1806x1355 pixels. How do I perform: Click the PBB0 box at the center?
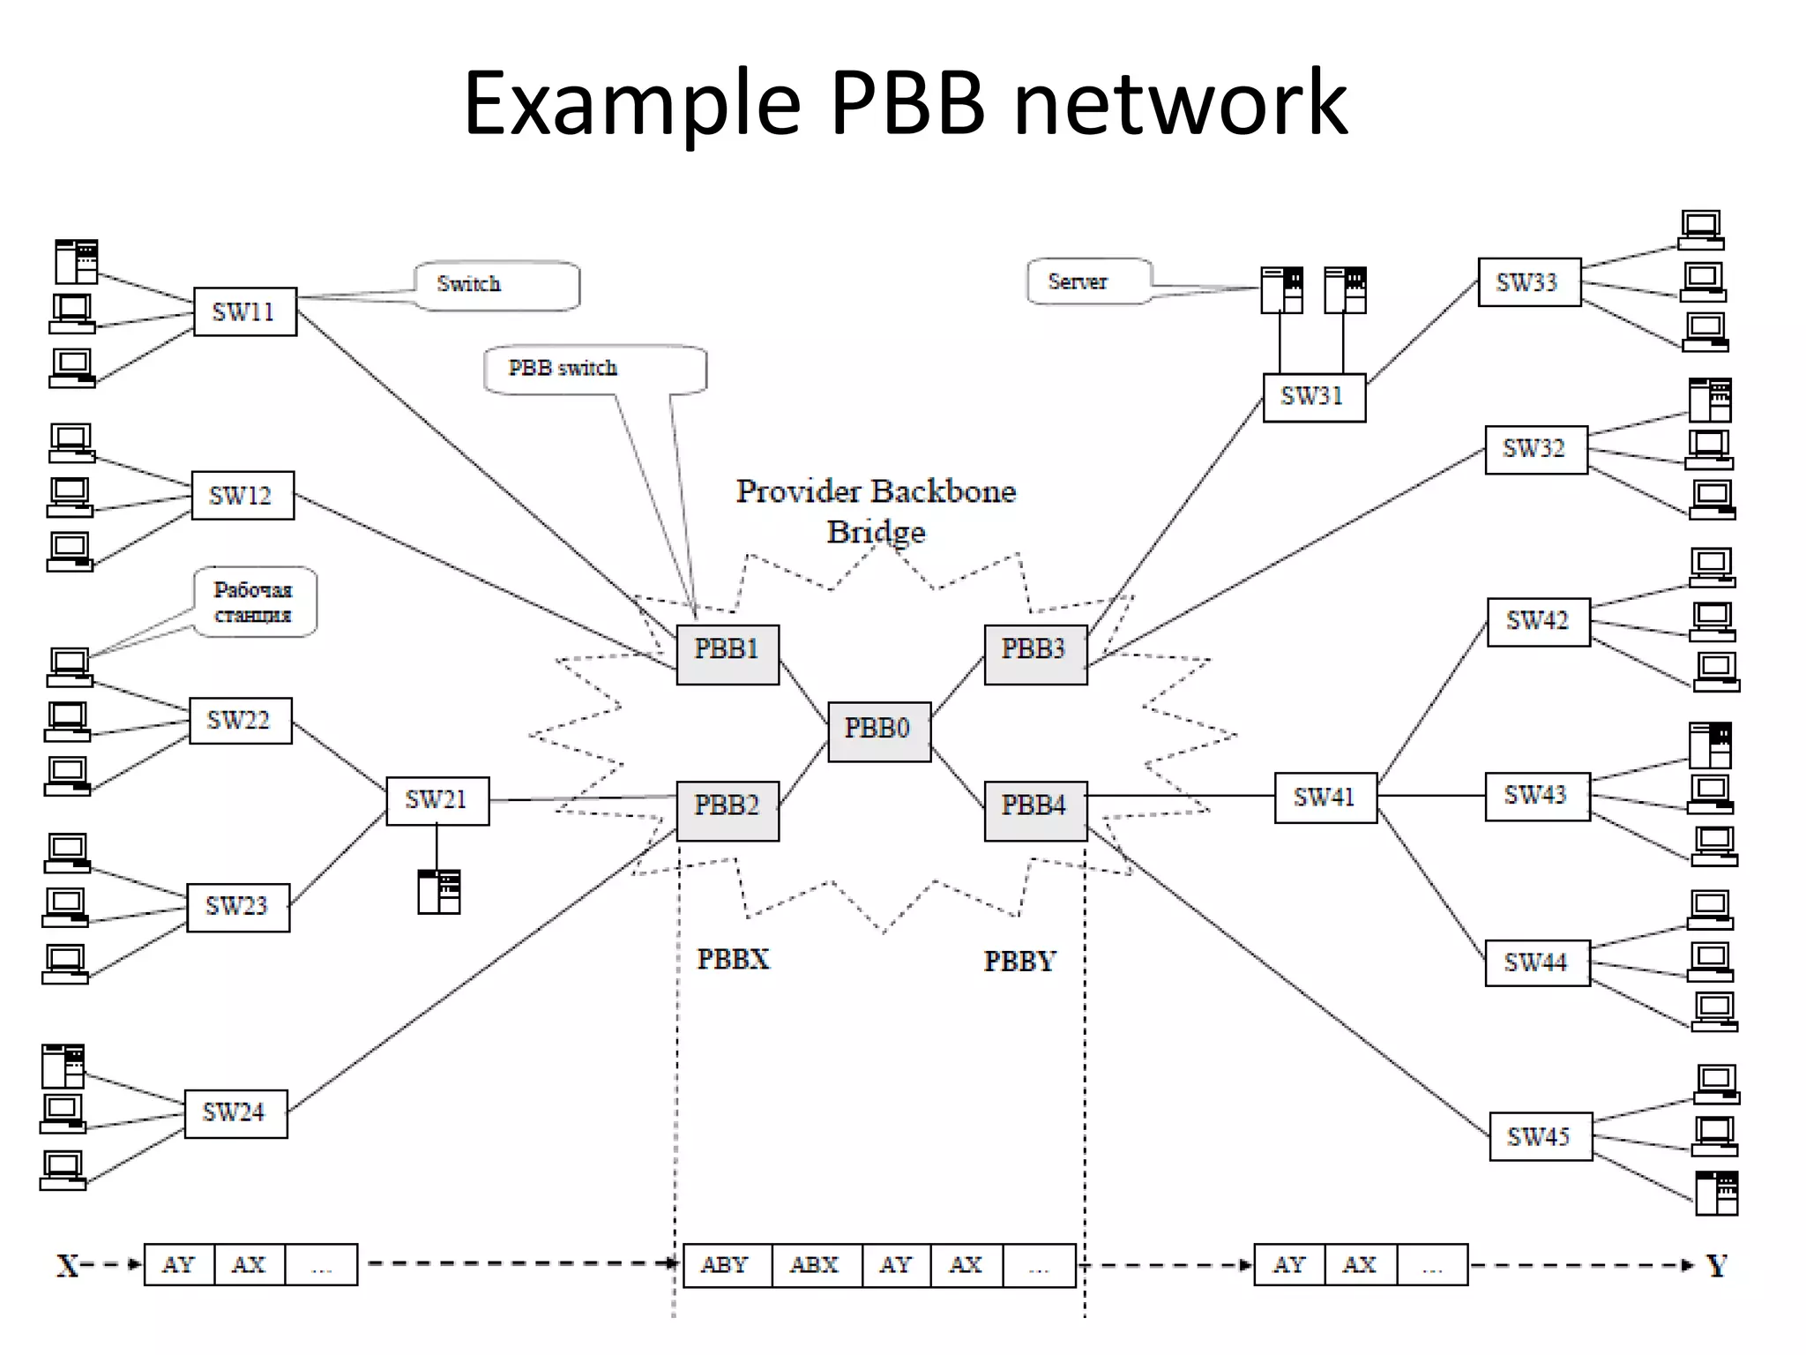coord(879,731)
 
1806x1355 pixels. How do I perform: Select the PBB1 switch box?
coord(728,654)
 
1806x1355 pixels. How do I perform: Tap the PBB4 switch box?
coord(1035,810)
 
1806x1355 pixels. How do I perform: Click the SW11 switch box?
coord(244,311)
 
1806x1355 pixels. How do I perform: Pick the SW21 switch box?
coord(437,800)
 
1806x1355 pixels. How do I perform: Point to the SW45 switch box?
coord(1540,1136)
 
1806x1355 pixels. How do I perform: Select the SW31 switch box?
coord(1314,397)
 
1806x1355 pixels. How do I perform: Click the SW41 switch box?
coord(1325,797)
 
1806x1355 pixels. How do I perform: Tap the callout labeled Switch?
coord(496,285)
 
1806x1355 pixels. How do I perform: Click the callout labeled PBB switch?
coord(594,369)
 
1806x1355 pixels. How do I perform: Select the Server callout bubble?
coord(1089,281)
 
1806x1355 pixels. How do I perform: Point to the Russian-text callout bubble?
coord(255,602)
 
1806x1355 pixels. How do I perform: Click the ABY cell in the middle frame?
coord(726,1264)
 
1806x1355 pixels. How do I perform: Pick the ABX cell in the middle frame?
coord(815,1264)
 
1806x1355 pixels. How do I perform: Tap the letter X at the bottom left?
coord(68,1266)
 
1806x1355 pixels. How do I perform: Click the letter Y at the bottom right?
coord(1716,1266)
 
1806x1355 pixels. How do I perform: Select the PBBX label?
coord(733,959)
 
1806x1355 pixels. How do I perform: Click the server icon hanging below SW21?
coord(439,891)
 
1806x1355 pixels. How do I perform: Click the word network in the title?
coord(1181,103)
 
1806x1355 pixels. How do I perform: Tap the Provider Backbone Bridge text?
coord(876,511)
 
